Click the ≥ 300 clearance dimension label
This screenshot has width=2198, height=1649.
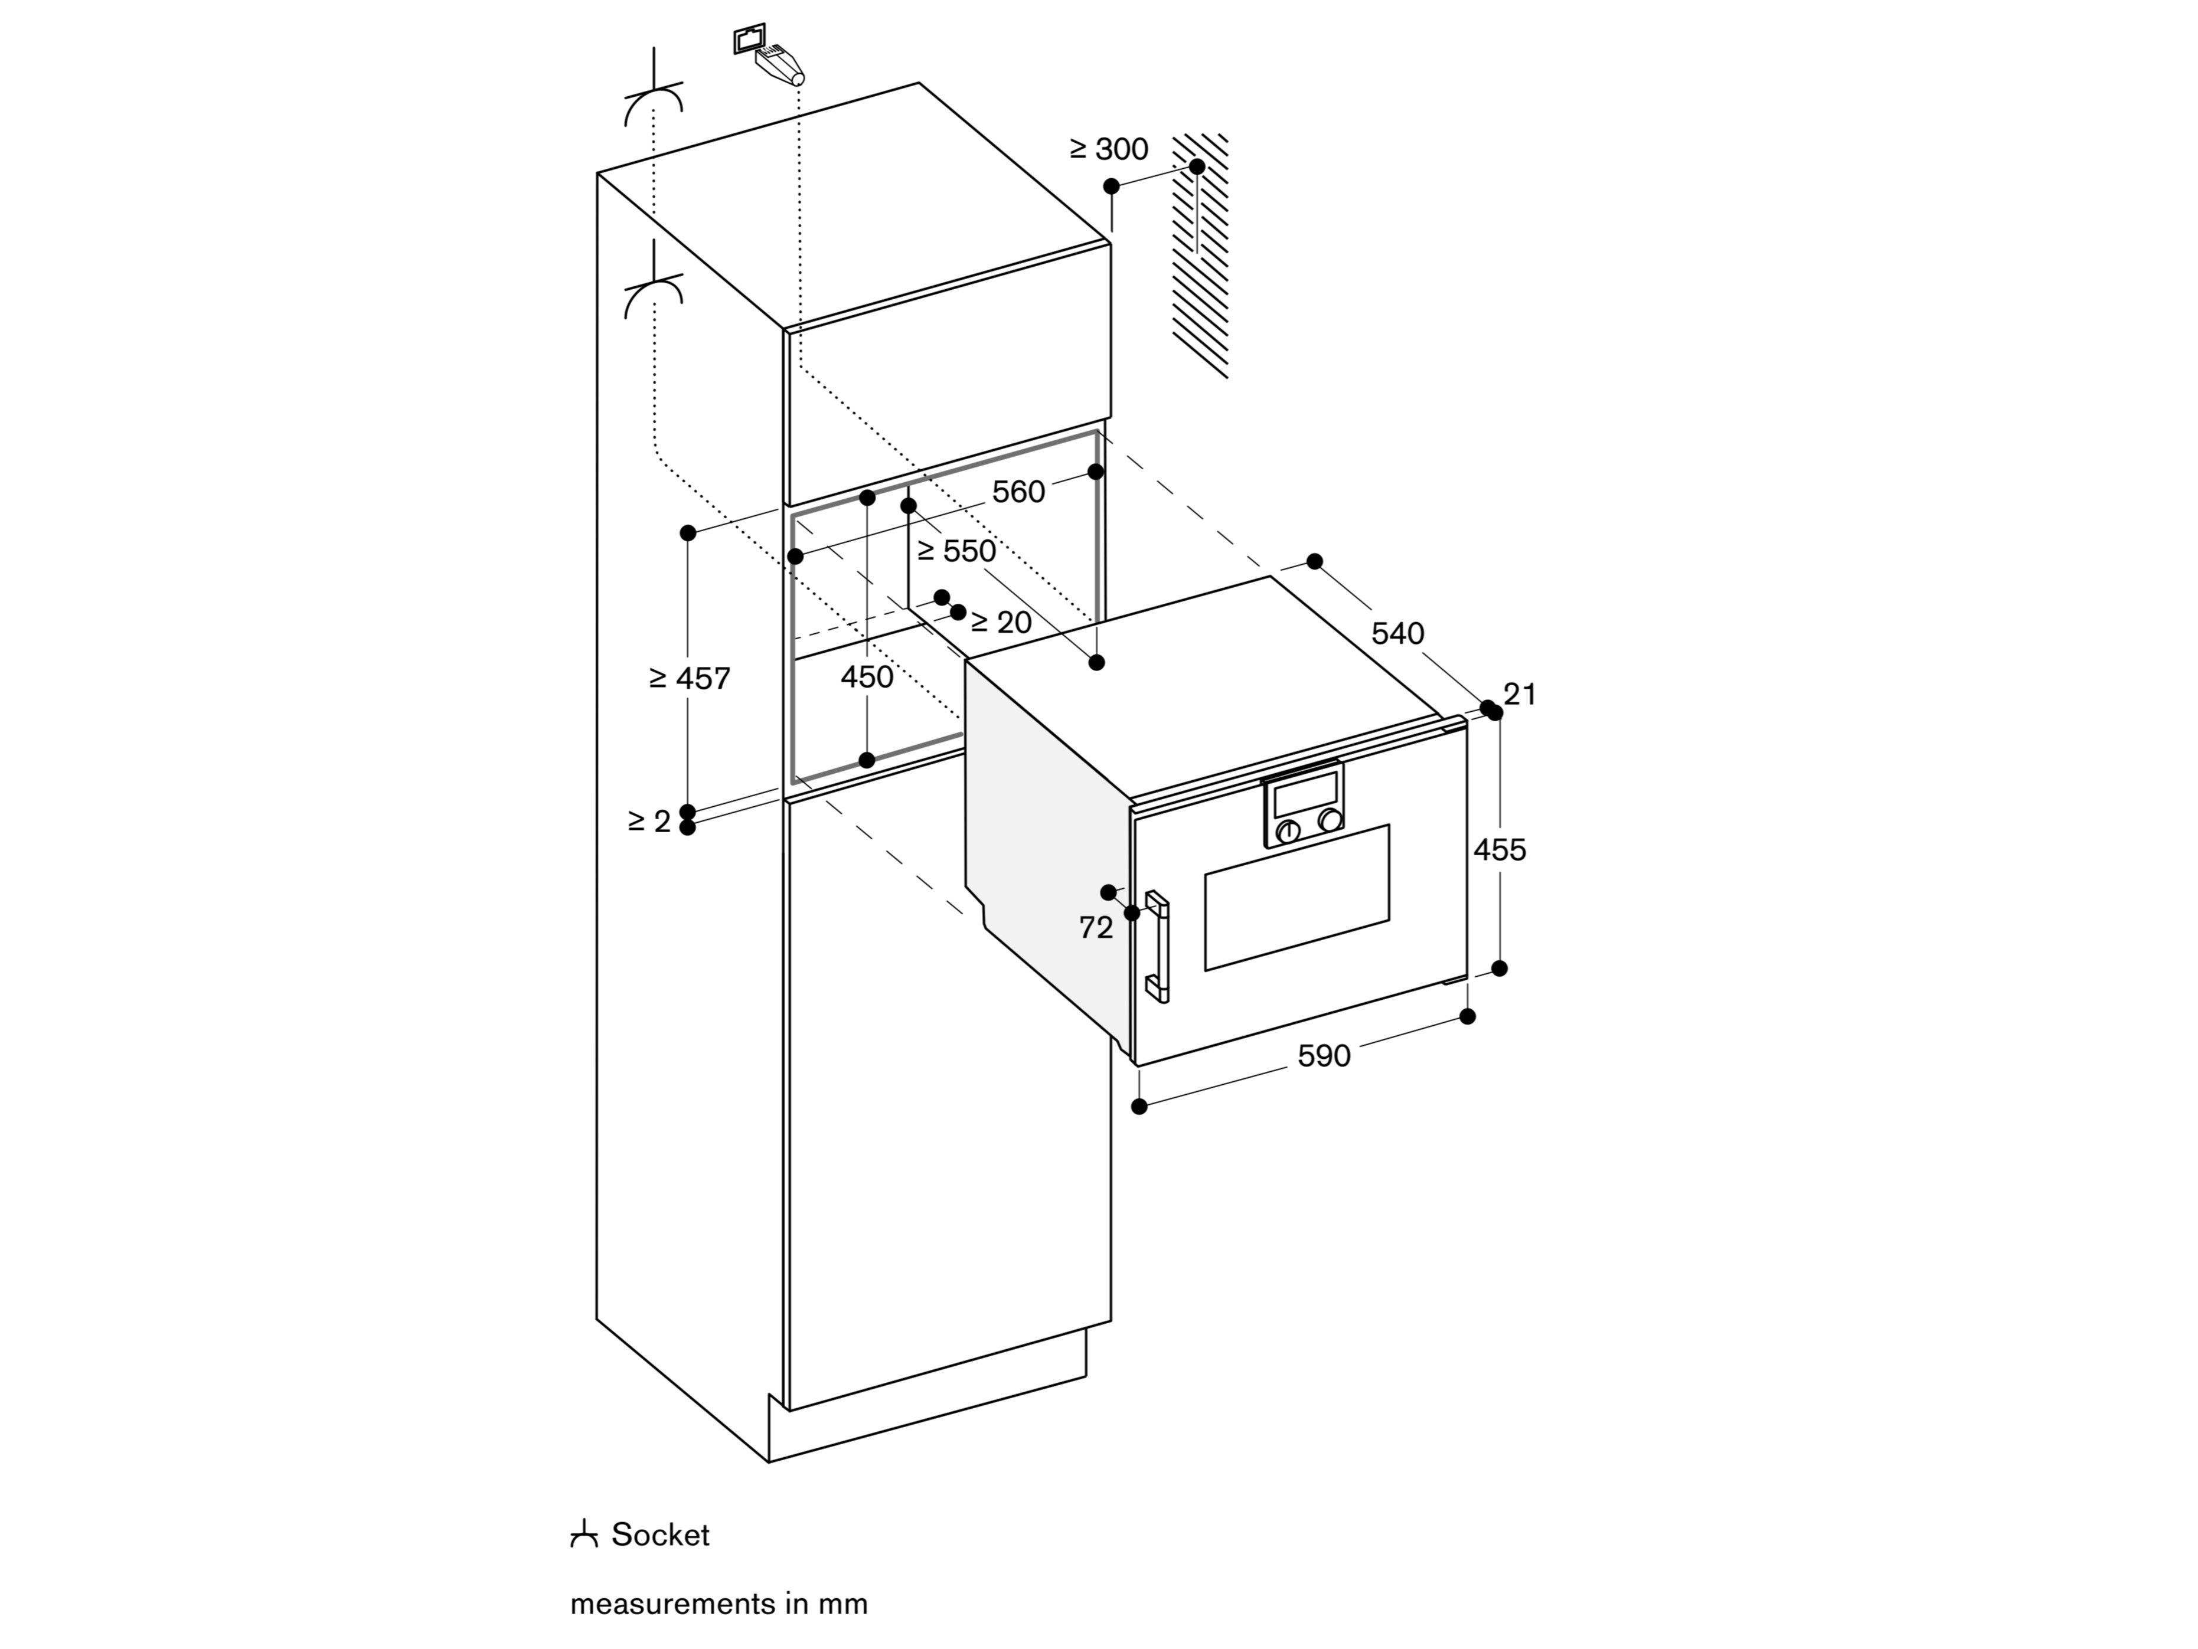[1108, 149]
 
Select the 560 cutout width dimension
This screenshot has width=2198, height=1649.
[1018, 492]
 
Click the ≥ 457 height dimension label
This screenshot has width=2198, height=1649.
[690, 679]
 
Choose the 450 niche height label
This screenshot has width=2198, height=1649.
[867, 678]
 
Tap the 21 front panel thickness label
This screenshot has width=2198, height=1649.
[1520, 695]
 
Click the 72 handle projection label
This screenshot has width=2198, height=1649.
[1095, 928]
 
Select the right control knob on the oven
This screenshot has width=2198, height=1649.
[1330, 820]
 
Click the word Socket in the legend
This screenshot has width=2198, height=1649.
[660, 1535]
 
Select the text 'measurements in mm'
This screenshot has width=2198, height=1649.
[718, 1604]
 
